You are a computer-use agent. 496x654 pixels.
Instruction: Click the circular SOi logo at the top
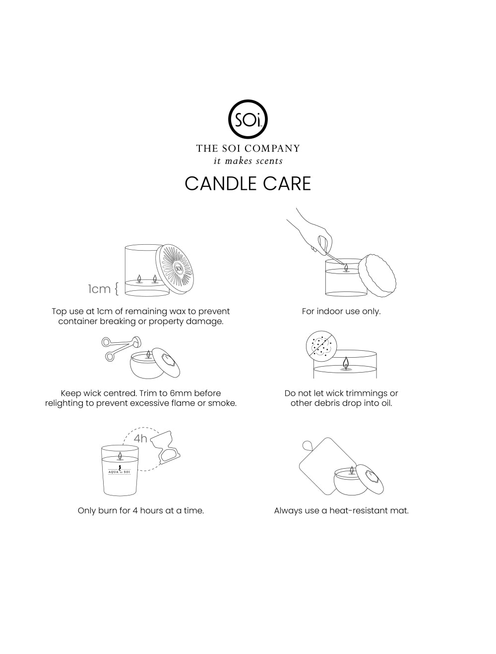248,119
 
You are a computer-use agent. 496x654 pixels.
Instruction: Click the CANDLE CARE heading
248,183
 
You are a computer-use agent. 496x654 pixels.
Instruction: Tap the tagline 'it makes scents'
248,161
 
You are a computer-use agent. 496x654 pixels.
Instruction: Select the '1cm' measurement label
99,289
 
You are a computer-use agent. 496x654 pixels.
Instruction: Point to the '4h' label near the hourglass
140,438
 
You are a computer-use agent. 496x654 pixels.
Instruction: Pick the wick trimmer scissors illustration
121,348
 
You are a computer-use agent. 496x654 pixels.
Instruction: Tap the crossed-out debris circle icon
321,346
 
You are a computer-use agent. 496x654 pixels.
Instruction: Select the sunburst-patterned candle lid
175,269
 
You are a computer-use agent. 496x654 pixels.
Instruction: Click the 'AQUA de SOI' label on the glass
119,472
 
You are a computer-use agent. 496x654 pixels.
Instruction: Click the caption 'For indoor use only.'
341,311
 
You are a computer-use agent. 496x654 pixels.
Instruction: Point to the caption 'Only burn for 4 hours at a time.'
141,511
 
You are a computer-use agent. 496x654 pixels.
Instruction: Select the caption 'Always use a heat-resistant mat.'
341,511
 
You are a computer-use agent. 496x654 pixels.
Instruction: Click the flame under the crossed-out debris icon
345,364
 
